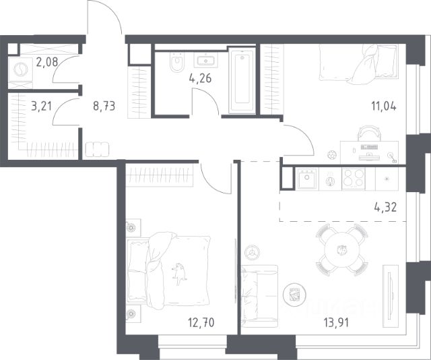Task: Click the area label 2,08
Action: (x=47, y=62)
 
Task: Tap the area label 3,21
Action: (x=41, y=106)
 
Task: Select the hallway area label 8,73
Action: (x=104, y=106)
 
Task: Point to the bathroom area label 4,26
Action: (x=200, y=78)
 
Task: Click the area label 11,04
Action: (x=384, y=106)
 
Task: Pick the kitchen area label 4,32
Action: (x=385, y=207)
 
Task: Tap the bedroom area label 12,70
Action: (x=201, y=322)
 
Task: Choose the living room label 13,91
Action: (x=336, y=322)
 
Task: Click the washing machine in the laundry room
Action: (x=21, y=69)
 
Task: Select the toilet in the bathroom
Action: (x=176, y=62)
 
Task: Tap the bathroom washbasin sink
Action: (x=206, y=60)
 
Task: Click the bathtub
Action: (x=242, y=80)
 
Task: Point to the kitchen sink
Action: (x=307, y=179)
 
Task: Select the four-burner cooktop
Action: (x=354, y=179)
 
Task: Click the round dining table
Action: (x=342, y=250)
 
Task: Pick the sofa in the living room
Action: (x=259, y=296)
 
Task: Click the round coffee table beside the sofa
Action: (x=295, y=295)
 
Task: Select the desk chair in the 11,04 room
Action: (x=369, y=133)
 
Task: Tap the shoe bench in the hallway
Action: (x=97, y=150)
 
